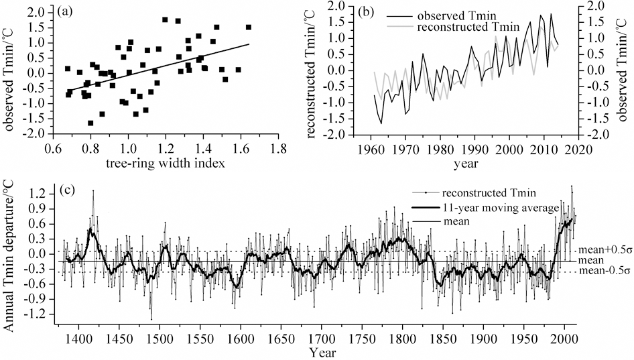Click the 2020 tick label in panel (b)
point(578,149)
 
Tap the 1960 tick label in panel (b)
point(371,149)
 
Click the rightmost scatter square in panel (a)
point(249,27)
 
